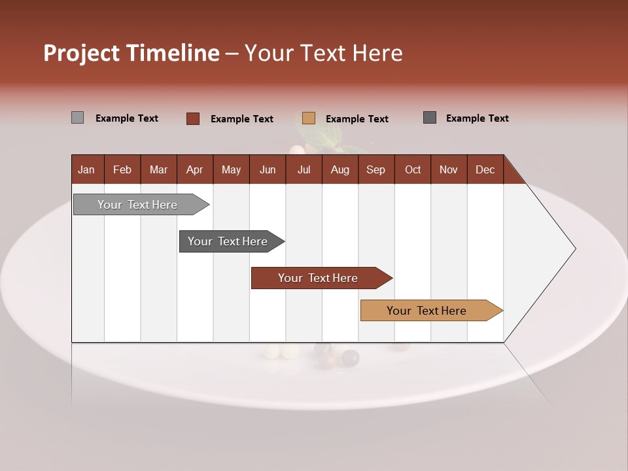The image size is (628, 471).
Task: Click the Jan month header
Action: point(86,169)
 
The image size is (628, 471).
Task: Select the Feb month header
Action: point(122,169)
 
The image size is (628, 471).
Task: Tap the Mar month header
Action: point(158,169)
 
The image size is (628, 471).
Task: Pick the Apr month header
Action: point(194,169)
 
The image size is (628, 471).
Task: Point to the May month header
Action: point(231,169)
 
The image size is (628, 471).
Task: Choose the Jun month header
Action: point(268,169)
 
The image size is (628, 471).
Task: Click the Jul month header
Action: point(304,169)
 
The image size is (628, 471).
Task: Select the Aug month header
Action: point(340,169)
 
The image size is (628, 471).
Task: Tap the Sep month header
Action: point(376,169)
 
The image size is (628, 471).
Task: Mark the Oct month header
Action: point(413,169)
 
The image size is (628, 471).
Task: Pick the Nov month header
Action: point(449,169)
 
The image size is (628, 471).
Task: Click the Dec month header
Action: point(485,169)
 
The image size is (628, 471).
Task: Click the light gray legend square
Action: point(78,118)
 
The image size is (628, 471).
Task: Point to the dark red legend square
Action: point(193,118)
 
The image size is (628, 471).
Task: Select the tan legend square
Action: point(309,118)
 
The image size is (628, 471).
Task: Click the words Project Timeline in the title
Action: point(131,53)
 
